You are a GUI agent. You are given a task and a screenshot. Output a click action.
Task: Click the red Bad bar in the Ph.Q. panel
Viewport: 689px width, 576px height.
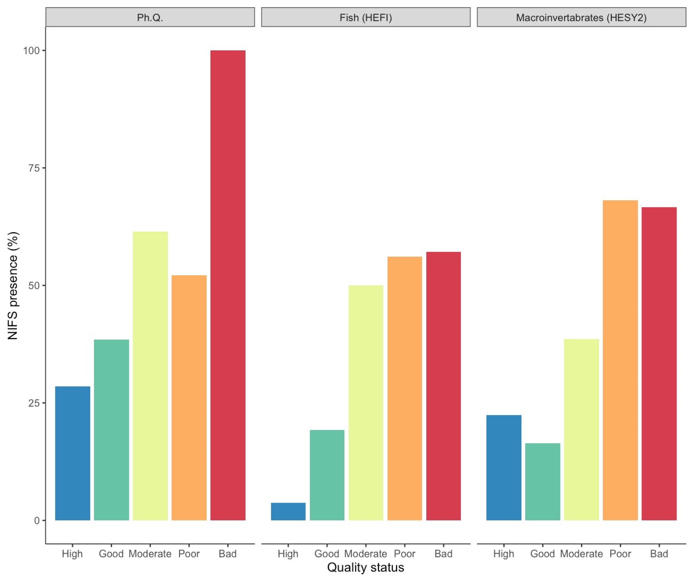(228, 285)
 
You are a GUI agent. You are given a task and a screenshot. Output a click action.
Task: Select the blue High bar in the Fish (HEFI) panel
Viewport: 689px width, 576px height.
(288, 512)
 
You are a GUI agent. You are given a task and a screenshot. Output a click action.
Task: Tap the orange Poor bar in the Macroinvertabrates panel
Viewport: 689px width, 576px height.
(620, 360)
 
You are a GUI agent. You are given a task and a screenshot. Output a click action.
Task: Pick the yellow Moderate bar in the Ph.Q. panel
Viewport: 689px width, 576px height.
(150, 376)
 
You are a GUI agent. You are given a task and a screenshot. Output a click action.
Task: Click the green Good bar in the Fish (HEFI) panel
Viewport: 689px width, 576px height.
(327, 475)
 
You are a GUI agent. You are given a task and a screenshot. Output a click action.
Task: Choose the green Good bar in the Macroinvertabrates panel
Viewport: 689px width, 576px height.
(543, 482)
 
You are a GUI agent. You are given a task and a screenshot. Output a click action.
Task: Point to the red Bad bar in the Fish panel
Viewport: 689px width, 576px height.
(444, 386)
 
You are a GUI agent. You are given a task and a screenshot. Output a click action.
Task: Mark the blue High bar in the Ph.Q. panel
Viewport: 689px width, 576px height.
(72, 453)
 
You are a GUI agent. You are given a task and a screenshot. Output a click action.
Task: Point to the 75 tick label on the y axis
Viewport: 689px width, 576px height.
(33, 168)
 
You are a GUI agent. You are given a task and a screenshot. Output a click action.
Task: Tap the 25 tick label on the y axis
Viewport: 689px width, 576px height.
(33, 403)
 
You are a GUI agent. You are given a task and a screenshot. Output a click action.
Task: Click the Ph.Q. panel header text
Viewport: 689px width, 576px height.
(150, 17)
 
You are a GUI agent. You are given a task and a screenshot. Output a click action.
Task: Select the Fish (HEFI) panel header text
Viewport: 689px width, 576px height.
(366, 17)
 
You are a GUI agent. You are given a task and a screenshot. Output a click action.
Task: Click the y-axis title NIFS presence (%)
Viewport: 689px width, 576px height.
(13, 286)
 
